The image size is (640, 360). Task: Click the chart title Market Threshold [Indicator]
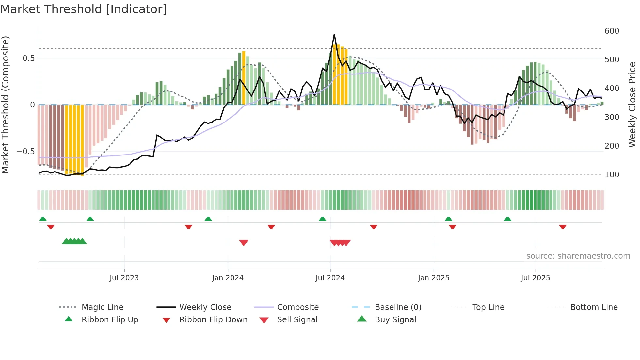point(84,9)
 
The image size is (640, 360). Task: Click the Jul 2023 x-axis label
point(124,278)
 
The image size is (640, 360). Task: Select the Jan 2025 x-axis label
point(433,278)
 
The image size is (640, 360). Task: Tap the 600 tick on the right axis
point(612,31)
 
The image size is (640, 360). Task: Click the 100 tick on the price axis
point(612,174)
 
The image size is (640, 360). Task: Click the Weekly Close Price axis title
point(632,105)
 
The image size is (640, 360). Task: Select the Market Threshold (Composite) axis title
point(5,105)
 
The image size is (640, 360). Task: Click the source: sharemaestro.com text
point(578,256)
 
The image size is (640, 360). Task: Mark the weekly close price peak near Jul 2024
point(334,34)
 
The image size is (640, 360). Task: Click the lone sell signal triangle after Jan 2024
point(244,243)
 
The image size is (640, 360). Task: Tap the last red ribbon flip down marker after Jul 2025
point(562,227)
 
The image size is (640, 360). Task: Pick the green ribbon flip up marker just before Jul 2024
point(322,219)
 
